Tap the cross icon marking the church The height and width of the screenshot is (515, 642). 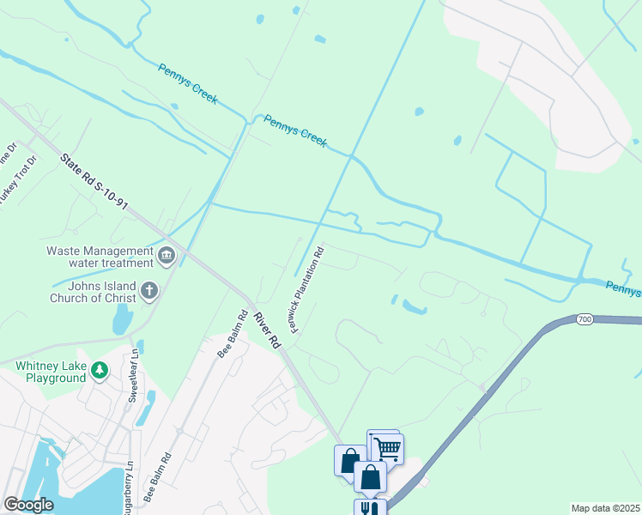pyautogui.click(x=149, y=291)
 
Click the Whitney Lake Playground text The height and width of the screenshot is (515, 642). pyautogui.click(x=52, y=371)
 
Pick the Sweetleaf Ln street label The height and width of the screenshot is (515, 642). pyautogui.click(x=133, y=378)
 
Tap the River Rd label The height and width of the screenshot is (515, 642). pyautogui.click(x=267, y=329)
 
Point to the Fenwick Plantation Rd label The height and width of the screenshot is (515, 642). pyautogui.click(x=308, y=291)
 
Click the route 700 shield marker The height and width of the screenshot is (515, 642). pyautogui.click(x=584, y=319)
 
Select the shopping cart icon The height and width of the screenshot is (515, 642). pyautogui.click(x=387, y=448)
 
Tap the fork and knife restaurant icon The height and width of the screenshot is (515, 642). pyautogui.click(x=370, y=508)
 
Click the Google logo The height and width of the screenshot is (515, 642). pyautogui.click(x=28, y=505)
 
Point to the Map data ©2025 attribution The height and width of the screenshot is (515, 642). pyautogui.click(x=605, y=508)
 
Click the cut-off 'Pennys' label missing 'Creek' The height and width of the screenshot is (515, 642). pyautogui.click(x=623, y=288)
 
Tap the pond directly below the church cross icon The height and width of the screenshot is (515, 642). pyautogui.click(x=122, y=320)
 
